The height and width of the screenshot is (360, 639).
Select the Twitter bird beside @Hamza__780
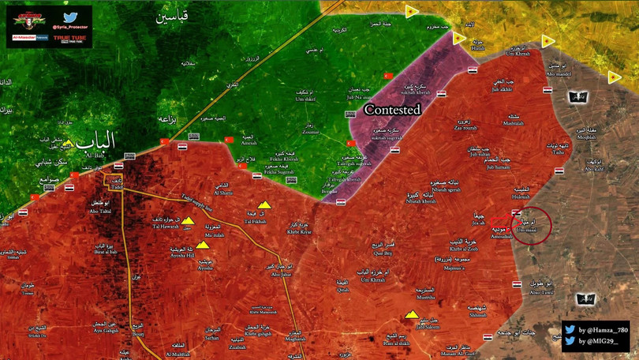(570, 328)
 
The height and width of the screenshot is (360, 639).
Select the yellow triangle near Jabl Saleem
(412, 316)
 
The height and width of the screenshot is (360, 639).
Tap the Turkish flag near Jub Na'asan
(387, 75)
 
